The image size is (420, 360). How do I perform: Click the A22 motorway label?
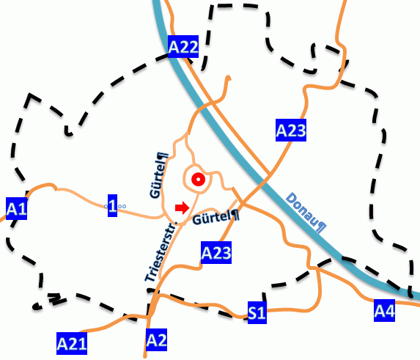[183, 48]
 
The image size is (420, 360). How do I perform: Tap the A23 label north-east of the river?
[290, 131]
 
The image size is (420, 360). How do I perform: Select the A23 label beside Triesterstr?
[216, 254]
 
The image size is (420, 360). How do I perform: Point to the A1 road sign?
[16, 209]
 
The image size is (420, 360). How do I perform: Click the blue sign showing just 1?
[112, 204]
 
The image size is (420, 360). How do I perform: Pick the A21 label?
[72, 342]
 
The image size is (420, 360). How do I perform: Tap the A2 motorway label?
[157, 339]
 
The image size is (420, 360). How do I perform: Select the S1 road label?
[256, 313]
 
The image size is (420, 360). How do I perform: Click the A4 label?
[385, 311]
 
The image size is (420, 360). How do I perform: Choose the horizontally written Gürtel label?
[213, 218]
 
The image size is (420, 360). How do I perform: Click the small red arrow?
[182, 208]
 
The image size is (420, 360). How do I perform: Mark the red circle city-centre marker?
[196, 179]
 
